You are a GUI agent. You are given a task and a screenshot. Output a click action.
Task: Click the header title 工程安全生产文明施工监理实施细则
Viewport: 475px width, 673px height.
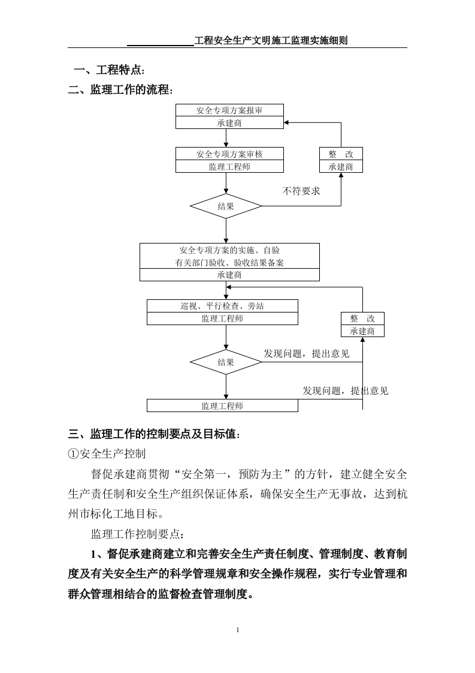[271, 41]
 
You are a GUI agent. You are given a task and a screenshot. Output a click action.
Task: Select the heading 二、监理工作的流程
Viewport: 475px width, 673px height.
[120, 90]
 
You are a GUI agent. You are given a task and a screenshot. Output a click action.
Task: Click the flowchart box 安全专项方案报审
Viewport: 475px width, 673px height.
[229, 110]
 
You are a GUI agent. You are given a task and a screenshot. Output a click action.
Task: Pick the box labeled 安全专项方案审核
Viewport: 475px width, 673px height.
[229, 154]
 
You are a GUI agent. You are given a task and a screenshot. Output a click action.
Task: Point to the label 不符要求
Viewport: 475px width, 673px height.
[301, 191]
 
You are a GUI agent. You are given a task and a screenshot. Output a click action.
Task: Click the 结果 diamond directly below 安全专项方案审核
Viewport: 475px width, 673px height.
[226, 206]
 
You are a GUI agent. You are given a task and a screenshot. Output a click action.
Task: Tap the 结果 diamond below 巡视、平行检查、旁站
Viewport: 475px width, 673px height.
[226, 362]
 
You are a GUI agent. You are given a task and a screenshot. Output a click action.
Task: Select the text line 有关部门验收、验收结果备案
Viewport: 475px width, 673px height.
[229, 263]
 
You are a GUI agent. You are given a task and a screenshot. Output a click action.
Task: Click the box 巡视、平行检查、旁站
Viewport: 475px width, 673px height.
[222, 306]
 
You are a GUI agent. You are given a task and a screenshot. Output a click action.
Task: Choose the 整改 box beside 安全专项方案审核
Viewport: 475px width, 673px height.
[341, 154]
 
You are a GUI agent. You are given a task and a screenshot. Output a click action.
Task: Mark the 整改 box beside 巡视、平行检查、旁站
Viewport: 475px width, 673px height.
[362, 319]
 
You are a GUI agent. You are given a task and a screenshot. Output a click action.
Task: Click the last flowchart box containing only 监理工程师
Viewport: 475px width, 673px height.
[222, 406]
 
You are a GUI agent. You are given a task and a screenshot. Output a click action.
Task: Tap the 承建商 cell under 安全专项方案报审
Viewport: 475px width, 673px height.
[229, 123]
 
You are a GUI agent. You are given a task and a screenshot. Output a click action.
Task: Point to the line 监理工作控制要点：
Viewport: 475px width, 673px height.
[138, 533]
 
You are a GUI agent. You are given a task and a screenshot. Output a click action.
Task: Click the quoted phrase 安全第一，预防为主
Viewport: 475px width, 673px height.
[226, 474]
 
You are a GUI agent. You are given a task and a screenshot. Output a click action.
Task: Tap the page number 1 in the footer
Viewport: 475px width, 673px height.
[238, 630]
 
